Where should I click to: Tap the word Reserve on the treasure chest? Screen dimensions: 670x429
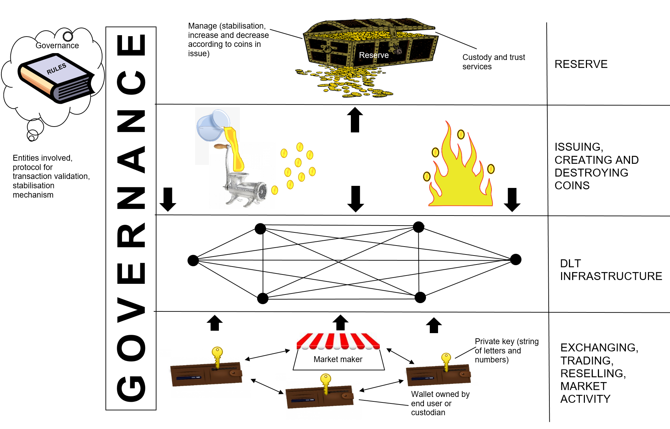tap(374, 55)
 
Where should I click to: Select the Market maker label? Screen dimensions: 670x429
tap(338, 359)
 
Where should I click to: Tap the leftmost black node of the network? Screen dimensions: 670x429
tap(193, 260)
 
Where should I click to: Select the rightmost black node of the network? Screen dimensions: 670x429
tap(516, 259)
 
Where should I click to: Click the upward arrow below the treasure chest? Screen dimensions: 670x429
tap(355, 120)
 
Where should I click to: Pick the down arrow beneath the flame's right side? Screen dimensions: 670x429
tap(512, 200)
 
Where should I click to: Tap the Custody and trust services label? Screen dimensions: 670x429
tap(494, 62)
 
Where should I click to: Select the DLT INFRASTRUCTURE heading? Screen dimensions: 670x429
tap(611, 270)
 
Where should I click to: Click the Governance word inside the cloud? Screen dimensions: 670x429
tap(57, 46)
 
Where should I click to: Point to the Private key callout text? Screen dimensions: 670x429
tap(507, 350)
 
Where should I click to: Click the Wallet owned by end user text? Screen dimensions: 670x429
tap(440, 403)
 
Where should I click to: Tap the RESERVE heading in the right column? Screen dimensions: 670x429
tap(581, 64)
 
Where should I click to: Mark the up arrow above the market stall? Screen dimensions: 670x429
tap(341, 323)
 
